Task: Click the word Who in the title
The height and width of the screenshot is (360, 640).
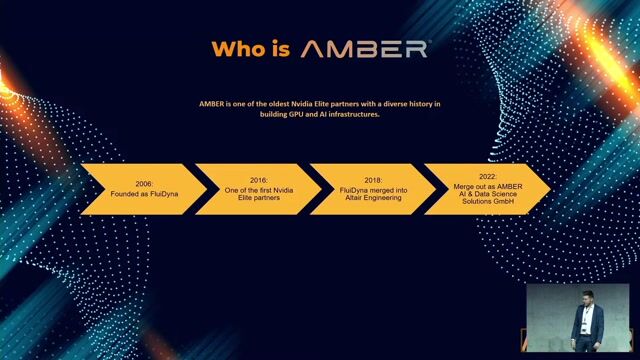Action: tap(236, 48)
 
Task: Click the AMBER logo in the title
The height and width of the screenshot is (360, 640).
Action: tap(365, 48)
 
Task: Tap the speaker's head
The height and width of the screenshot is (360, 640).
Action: tap(587, 298)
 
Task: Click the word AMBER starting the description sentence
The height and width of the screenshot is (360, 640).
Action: tap(211, 104)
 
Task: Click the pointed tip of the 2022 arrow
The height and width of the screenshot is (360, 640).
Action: tap(549, 186)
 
